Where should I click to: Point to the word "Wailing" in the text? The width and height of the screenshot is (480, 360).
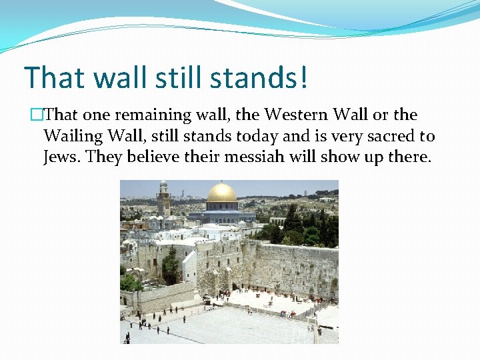71,137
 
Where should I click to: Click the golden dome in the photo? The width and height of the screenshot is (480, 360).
221,193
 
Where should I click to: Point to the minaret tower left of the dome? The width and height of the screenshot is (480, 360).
163,197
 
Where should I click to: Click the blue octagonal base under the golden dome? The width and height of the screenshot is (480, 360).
221,214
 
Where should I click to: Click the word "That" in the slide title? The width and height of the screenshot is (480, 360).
53,77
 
